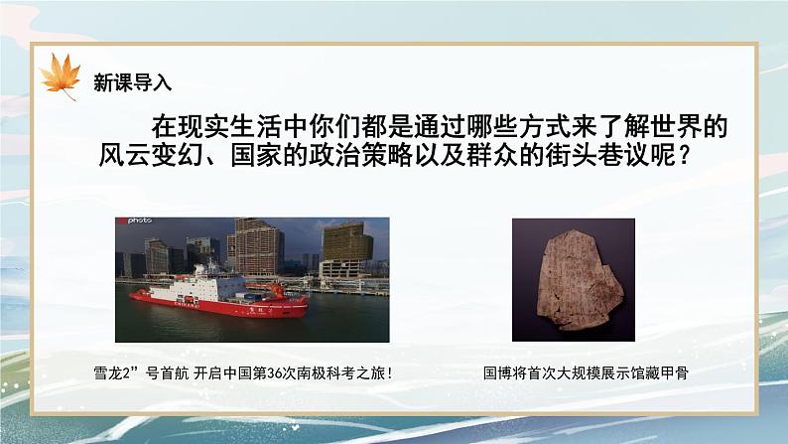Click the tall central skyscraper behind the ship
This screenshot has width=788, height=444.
pyautogui.click(x=256, y=243)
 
